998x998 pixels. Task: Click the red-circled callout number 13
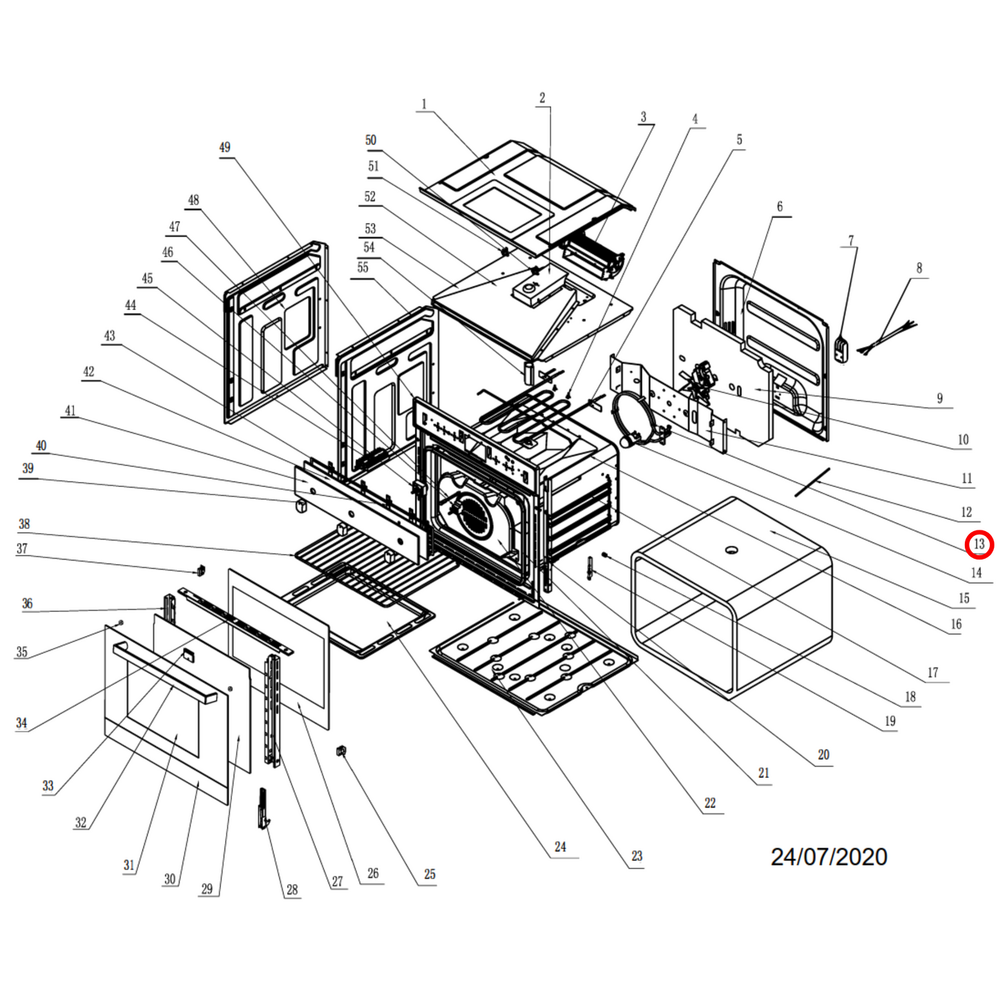[979, 544]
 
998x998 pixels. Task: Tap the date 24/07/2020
[829, 857]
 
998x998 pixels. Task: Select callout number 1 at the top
[424, 104]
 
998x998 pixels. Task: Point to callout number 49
[224, 147]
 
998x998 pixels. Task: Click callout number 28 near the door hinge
[292, 890]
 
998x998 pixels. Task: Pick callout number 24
[560, 847]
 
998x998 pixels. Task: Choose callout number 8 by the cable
[919, 268]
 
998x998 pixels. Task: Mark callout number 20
[823, 755]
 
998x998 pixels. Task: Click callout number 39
[28, 468]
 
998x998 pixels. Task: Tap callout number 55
[363, 268]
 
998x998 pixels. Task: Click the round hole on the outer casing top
[731, 550]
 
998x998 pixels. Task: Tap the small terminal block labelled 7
[841, 348]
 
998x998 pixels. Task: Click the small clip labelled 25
[340, 751]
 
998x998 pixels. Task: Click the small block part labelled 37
[201, 570]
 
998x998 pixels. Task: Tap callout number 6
[780, 207]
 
